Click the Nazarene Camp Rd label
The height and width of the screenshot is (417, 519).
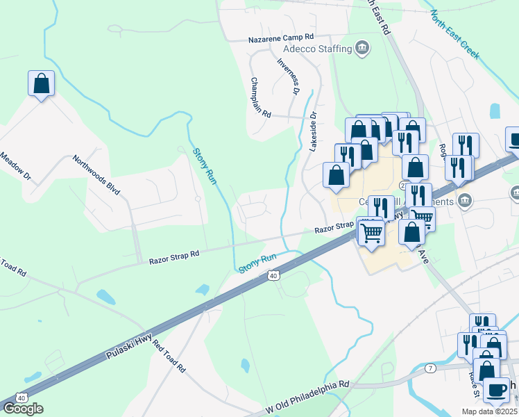(x=282, y=38)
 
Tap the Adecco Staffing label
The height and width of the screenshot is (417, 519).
(x=317, y=49)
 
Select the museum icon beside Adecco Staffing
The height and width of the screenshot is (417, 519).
(x=361, y=48)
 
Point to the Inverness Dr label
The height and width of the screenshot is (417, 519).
(x=288, y=76)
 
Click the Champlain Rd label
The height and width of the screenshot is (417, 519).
(x=260, y=98)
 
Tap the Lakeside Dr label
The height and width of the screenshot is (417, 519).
(x=312, y=132)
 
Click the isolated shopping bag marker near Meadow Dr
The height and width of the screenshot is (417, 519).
(x=41, y=83)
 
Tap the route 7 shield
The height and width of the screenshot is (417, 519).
(x=431, y=367)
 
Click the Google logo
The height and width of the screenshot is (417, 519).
(x=23, y=408)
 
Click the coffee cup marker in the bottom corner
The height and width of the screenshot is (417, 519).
(x=495, y=389)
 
